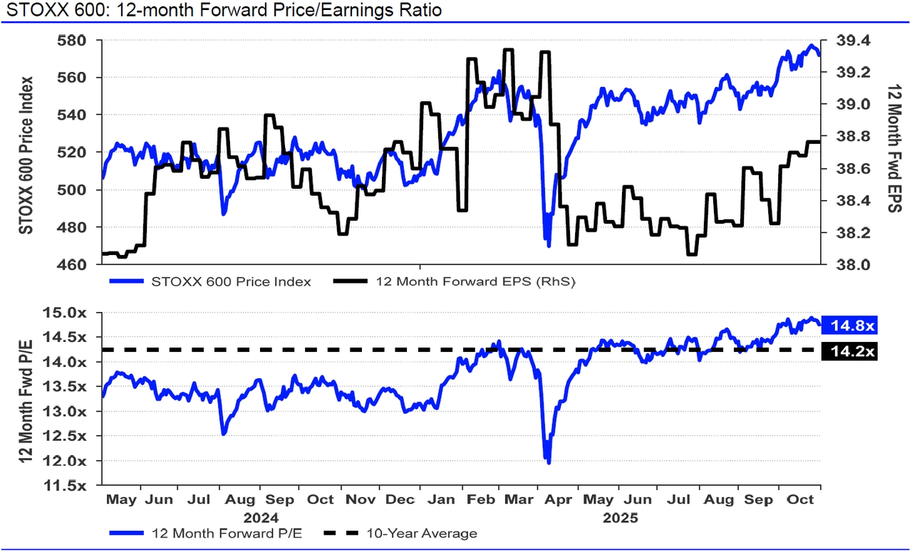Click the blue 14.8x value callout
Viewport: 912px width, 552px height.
[850, 326]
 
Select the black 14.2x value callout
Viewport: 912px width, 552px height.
[850, 350]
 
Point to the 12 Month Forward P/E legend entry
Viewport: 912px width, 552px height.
[227, 533]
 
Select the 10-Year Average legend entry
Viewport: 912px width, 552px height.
[422, 533]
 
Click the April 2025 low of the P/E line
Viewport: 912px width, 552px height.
[548, 464]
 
